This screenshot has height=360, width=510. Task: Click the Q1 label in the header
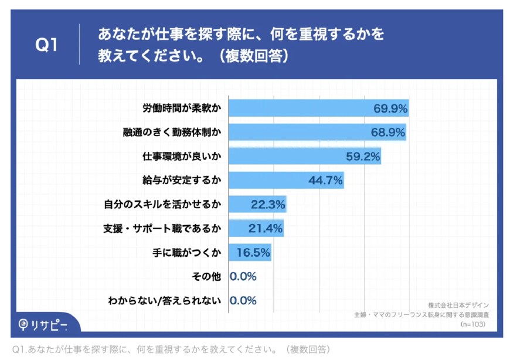click(47, 45)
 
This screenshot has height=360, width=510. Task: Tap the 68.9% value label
click(388, 133)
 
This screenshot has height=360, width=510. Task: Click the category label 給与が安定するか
click(182, 181)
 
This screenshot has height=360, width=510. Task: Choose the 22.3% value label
click(268, 205)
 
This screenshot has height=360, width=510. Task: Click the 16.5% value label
click(253, 253)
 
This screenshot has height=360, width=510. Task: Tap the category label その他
click(206, 277)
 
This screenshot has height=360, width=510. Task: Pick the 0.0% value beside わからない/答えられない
click(243, 301)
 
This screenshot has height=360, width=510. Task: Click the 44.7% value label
click(325, 181)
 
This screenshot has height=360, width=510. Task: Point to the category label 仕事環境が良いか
click(182, 157)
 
